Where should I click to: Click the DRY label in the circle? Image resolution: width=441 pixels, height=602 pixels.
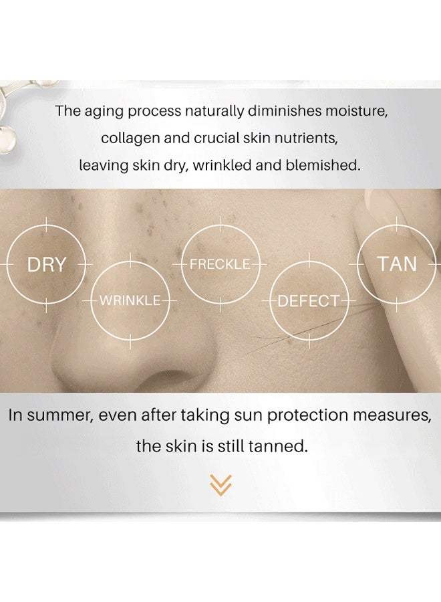coord(46,265)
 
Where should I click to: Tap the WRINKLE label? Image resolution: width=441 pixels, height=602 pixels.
coord(130,300)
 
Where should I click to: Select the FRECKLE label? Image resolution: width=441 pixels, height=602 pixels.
coord(220,264)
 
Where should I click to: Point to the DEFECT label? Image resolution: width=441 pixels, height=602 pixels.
coord(309,301)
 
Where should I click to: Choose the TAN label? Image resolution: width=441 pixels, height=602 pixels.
coord(397,264)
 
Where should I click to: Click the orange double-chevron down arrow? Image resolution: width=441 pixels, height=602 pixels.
coord(220,484)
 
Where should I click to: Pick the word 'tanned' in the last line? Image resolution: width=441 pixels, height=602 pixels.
coord(281,446)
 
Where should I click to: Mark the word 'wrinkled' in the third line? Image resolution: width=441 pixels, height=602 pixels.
coord(221,165)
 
